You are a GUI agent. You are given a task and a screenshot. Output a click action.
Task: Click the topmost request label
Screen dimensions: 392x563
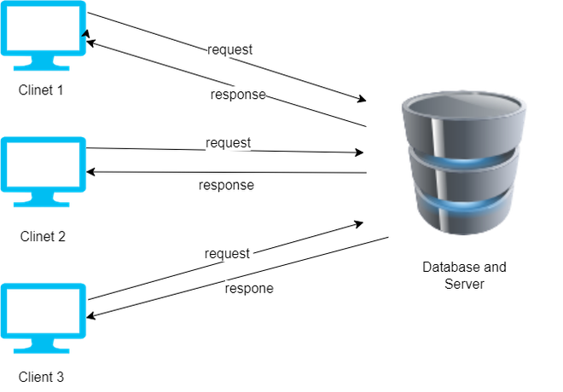click(x=229, y=49)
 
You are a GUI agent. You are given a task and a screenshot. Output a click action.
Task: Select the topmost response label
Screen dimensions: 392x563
click(x=238, y=95)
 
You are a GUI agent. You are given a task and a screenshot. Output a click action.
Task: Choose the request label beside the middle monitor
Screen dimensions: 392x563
click(x=228, y=142)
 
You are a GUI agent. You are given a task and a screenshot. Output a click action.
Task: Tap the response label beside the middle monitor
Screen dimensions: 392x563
click(x=226, y=184)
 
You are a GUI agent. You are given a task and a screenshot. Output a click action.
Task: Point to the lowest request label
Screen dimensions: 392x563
click(x=228, y=253)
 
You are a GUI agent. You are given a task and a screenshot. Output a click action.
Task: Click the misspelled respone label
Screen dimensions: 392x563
click(x=249, y=288)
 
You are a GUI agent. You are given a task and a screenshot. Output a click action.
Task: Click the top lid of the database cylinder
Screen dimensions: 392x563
click(x=464, y=107)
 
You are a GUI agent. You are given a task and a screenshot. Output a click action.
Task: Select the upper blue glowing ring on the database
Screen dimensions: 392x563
click(x=464, y=163)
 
